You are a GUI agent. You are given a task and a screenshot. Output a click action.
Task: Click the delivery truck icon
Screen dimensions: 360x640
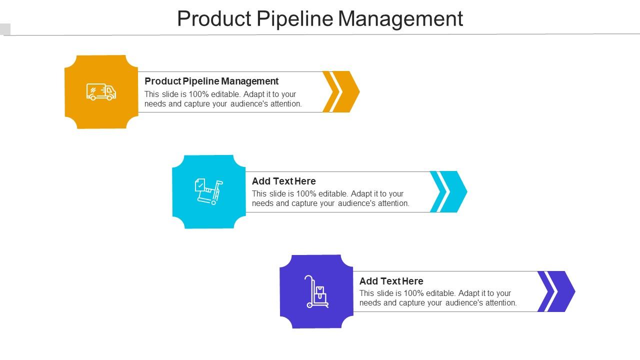point(101,92)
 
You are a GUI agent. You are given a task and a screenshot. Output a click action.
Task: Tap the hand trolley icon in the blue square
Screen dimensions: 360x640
point(208,191)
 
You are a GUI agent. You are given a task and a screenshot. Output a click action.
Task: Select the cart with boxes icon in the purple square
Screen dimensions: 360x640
point(317,291)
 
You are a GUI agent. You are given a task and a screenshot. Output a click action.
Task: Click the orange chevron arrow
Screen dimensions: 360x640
point(341,91)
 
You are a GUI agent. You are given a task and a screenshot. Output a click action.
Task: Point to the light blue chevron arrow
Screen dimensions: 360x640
point(449,191)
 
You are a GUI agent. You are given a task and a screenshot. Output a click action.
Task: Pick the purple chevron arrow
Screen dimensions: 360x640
point(556,291)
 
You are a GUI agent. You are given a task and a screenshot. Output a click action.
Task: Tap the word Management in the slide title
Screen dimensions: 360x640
point(400,18)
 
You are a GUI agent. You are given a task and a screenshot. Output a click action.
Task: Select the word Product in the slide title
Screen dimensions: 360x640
point(214,18)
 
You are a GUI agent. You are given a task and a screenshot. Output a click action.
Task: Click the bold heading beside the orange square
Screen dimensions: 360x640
point(211,81)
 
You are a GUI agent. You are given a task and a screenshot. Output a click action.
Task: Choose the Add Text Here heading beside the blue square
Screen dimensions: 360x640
point(283,181)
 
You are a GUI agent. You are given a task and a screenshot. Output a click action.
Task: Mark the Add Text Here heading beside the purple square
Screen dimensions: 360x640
point(391,281)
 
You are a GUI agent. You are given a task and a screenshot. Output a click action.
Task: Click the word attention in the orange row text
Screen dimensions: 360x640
point(286,104)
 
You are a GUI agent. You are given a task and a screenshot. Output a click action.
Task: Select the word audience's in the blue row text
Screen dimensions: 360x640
point(358,203)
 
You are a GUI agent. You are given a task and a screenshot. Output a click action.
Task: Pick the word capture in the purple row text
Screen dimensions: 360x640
point(401,303)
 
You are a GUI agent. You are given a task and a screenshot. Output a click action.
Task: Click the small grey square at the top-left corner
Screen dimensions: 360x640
point(5,29)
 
